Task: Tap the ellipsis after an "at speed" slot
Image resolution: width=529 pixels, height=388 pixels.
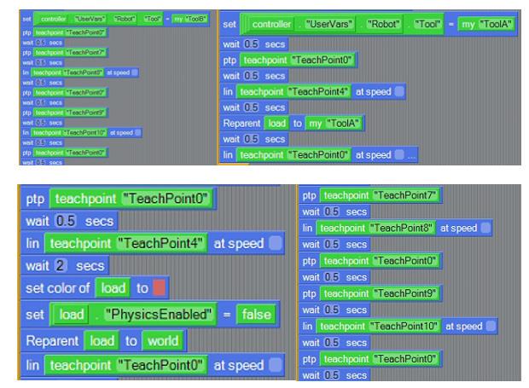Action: [x=412, y=154]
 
